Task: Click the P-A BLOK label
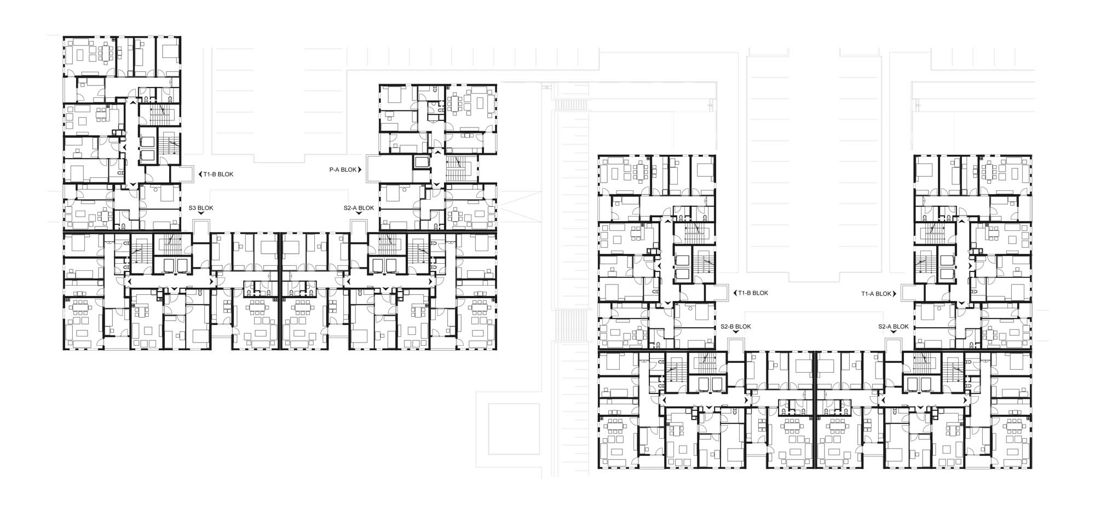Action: [343, 170]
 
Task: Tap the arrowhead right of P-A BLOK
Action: [360, 170]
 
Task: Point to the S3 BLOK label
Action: [201, 208]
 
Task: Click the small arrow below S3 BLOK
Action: [201, 214]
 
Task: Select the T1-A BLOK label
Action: [877, 294]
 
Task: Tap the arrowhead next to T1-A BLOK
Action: [895, 294]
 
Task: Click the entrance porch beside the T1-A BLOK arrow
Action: [907, 293]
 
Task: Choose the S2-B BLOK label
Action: [736, 327]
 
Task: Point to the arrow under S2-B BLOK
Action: [736, 333]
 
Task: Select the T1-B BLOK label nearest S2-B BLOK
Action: [753, 293]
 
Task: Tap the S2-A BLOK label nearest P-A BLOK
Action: [359, 208]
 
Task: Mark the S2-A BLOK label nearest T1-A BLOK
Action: [894, 327]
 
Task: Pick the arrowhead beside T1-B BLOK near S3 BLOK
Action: [199, 175]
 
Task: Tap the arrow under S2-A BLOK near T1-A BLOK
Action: [894, 333]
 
